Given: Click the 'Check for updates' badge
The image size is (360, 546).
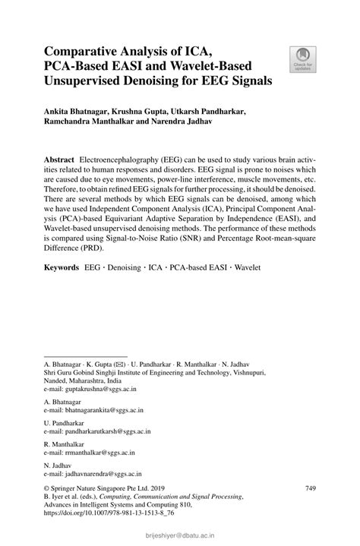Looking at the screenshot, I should pyautogui.click(x=303, y=60).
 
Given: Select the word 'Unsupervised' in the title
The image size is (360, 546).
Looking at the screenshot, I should pyautogui.click(x=88, y=80).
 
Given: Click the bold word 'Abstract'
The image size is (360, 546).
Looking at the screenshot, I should pyautogui.click(x=60, y=161).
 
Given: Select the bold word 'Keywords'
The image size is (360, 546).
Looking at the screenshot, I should pyautogui.click(x=62, y=268).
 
